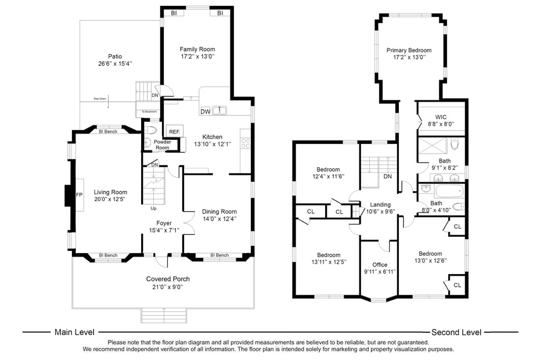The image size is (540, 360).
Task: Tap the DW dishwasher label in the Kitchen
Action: tap(205, 111)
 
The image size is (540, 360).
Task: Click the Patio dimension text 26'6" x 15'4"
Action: tap(110, 64)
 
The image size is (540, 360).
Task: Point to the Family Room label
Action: tap(197, 49)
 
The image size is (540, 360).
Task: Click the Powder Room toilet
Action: tap(151, 130)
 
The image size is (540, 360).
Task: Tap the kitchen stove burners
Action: tap(245, 142)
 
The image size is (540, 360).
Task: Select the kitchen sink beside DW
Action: tap(220, 110)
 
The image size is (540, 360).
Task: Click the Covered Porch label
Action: tap(167, 279)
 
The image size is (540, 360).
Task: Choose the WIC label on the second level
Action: tap(441, 117)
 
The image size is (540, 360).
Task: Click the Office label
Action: tap(380, 265)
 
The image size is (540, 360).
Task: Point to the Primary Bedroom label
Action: tap(409, 51)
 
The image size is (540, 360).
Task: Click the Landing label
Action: tap(380, 204)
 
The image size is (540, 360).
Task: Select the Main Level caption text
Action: tap(74, 332)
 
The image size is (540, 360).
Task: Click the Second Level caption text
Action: tap(456, 332)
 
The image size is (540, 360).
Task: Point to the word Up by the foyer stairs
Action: tap(153, 208)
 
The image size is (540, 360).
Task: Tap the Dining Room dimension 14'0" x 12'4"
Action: tap(219, 219)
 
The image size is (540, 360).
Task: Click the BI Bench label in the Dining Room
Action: tap(219, 255)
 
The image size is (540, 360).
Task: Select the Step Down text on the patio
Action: tap(100, 99)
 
